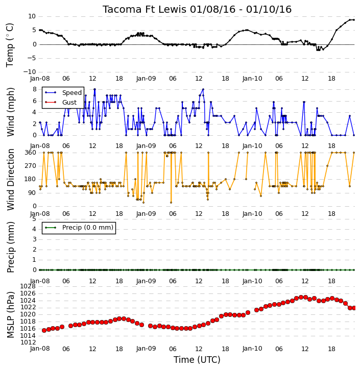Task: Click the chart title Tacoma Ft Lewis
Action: point(145,10)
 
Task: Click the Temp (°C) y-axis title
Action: point(10,45)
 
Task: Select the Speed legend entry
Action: point(63,92)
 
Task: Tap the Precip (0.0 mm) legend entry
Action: point(79,228)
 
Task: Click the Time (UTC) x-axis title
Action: point(197,360)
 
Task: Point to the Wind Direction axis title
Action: point(10,180)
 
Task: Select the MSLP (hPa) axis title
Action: point(10,315)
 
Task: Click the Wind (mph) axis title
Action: point(10,112)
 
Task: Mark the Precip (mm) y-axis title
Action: point(10,248)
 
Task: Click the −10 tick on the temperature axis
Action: point(30,72)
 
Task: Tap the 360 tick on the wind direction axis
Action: point(31,153)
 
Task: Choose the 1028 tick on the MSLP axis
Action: point(28,286)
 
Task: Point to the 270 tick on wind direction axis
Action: point(31,166)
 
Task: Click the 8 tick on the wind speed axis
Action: point(35,89)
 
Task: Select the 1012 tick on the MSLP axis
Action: point(28,342)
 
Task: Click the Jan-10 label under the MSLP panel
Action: point(252,349)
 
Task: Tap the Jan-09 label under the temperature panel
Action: point(146,79)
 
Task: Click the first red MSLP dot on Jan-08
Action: point(44,330)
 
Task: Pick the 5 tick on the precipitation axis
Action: point(34,219)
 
